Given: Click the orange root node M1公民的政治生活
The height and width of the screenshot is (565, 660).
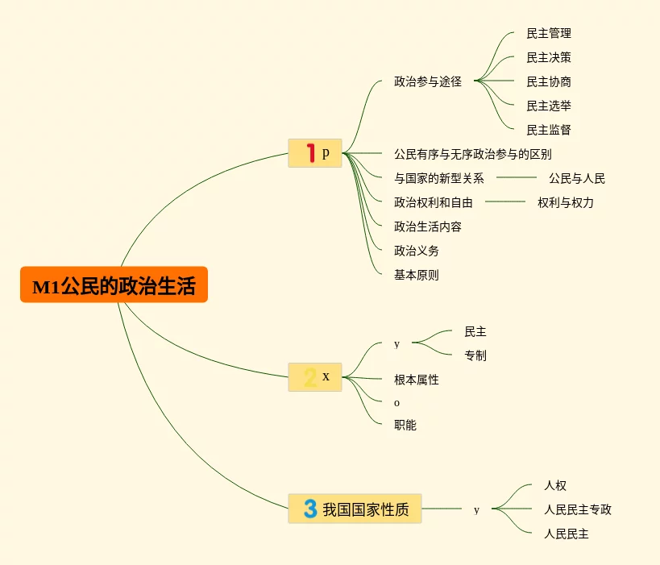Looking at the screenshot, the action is coord(114,285).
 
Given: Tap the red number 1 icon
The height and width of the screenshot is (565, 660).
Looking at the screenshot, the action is coord(310,152).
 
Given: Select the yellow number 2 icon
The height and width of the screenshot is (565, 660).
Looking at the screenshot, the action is coord(310,376).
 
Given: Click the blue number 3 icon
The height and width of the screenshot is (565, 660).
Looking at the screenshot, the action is coord(310,509).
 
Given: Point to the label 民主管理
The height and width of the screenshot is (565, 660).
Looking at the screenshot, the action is coord(549,33).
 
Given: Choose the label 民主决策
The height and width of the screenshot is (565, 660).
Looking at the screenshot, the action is coord(549,57).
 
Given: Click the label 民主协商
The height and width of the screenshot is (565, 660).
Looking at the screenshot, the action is coord(549,81).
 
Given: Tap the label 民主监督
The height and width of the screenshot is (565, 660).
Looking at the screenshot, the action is coord(549,130).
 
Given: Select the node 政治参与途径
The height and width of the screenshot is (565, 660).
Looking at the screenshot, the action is coord(428,81).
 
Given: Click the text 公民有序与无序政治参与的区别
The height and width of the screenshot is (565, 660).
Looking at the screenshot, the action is coord(473,154).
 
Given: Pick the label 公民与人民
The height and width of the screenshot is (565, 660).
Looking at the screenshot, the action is coord(577,178).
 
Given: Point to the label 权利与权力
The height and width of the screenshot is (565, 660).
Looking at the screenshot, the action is coord(566,202).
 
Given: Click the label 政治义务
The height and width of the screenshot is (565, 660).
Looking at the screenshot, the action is coord(417,251).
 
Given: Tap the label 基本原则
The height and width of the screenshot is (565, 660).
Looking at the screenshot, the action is coord(417,275).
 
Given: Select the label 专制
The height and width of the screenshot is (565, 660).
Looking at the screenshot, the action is coord(475,355).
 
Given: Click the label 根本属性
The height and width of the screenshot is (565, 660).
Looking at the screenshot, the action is coord(417,380).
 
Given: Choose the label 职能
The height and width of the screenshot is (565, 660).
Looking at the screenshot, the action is coord(405,425).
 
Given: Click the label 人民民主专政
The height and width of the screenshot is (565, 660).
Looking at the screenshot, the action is coord(578,509).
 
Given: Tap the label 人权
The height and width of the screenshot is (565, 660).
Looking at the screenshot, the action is coord(555,485).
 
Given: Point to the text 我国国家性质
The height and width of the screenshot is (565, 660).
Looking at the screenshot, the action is coord(366,509).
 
